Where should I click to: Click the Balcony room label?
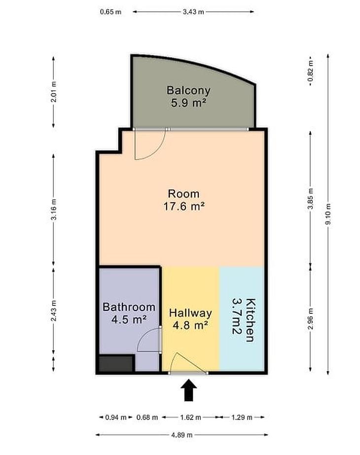click(188, 90)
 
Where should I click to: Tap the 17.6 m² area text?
click(184, 207)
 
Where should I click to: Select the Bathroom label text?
click(129, 307)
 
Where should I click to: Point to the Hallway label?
click(190, 313)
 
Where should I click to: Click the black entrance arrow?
click(189, 390)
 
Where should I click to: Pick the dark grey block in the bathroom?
click(116, 364)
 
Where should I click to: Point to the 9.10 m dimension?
click(328, 214)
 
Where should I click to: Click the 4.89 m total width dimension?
click(181, 435)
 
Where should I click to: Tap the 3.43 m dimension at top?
click(193, 12)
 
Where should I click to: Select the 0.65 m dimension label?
click(110, 12)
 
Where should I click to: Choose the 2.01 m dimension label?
click(54, 92)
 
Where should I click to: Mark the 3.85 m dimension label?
click(311, 199)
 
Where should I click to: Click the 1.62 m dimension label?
click(190, 417)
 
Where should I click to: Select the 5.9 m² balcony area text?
click(188, 103)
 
